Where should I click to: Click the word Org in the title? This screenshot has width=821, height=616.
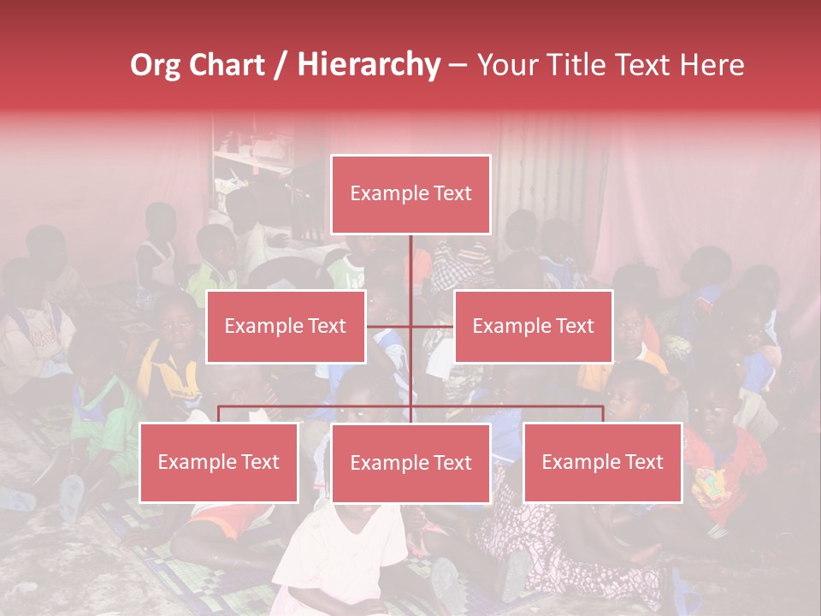coord(156,65)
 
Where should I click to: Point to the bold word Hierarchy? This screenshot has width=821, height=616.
coord(368,65)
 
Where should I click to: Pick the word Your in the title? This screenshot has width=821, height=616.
coord(505,65)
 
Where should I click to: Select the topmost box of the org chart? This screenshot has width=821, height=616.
coord(410,194)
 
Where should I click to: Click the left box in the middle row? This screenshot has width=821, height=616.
coord(286,326)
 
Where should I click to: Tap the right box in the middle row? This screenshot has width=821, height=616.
coord(533,326)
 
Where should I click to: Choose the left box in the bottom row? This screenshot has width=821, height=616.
coord(219,462)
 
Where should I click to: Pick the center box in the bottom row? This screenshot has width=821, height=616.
coord(410,463)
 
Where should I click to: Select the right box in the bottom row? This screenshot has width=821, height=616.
coord(602,462)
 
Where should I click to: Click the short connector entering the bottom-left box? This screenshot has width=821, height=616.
coord(219,414)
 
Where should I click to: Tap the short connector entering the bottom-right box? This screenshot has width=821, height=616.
coord(602,414)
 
